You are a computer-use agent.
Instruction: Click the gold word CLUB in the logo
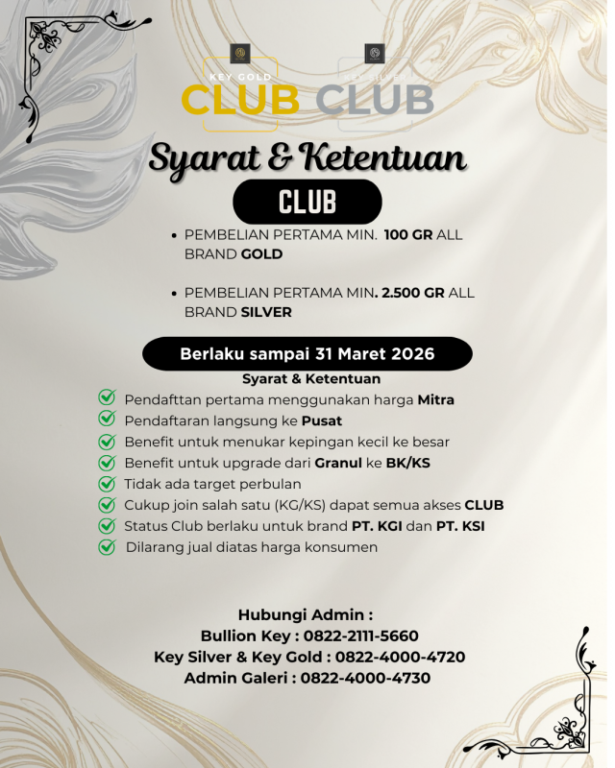click(x=239, y=99)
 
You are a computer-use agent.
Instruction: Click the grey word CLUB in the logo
click(x=374, y=99)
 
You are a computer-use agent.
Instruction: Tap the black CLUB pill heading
click(x=307, y=203)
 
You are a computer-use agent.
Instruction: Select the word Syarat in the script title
click(x=206, y=157)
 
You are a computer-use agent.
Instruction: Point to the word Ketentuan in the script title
click(x=383, y=157)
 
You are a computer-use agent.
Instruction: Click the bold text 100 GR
click(x=408, y=235)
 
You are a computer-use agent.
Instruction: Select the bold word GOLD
click(x=261, y=254)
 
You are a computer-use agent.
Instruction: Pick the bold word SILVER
click(x=266, y=312)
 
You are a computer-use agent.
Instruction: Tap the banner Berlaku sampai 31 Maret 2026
click(x=307, y=354)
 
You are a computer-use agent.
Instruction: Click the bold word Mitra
click(x=435, y=399)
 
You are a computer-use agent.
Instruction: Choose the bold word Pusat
click(x=321, y=420)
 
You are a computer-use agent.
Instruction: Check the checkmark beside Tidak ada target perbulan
click(x=107, y=484)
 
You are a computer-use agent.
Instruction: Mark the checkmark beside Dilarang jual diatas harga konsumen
click(x=107, y=547)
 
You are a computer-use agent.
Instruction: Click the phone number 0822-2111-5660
click(x=360, y=636)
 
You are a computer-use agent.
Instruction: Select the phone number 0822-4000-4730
click(x=365, y=678)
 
